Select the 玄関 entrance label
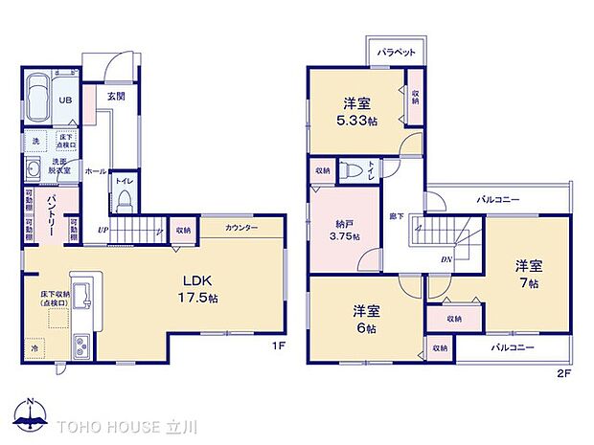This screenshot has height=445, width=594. click(116, 97)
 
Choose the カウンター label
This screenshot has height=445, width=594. click(241, 229)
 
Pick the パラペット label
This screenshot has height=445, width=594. click(395, 53)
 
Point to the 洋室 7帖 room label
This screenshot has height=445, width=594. click(527, 274)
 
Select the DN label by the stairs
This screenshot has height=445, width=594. click(446, 258)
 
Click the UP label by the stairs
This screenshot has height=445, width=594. click(102, 231)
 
